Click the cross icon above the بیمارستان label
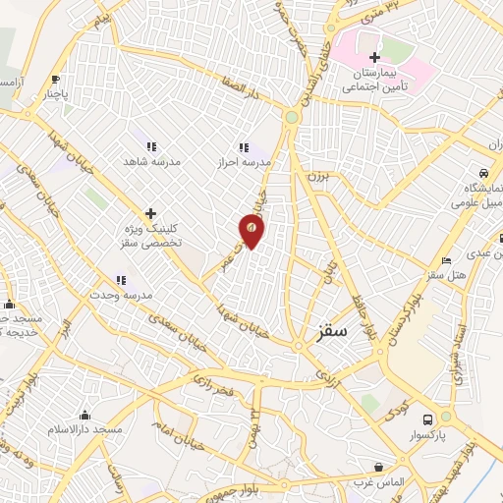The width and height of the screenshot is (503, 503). click(374, 57)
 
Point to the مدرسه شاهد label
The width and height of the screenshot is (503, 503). click(149, 160)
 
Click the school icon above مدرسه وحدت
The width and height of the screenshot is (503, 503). click(121, 280)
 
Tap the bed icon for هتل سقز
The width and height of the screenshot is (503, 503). click(447, 261)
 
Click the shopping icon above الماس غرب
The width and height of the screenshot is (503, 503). click(378, 467)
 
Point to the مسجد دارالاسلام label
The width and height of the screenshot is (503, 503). click(87, 430)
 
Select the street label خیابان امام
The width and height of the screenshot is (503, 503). click(171, 424)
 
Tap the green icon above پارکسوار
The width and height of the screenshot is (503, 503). click(445, 417)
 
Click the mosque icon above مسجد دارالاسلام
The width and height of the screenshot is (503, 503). click(85, 415)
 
